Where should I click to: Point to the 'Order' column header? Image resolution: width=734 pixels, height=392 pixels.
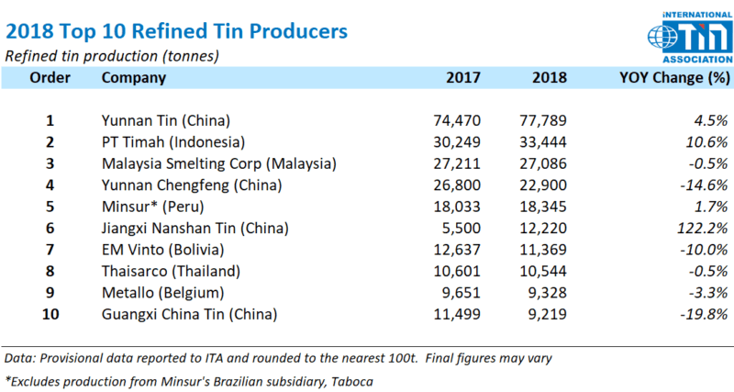click(x=50, y=77)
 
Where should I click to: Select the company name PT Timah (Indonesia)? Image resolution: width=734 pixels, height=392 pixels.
click(x=173, y=141)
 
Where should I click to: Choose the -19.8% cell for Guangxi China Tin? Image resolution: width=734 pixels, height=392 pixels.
click(x=702, y=315)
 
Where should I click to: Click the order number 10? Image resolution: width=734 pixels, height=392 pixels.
click(x=50, y=315)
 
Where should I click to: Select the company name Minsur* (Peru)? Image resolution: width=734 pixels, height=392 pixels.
click(x=152, y=207)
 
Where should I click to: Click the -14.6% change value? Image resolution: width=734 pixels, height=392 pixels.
click(x=702, y=185)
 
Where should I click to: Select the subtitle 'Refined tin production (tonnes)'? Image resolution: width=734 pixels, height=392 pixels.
click(x=112, y=56)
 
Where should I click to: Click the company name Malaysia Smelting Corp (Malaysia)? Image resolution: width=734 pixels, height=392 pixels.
click(x=218, y=163)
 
